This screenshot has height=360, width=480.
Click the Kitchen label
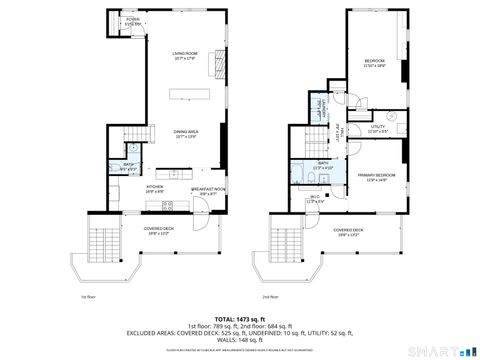pyautogui.click(x=156, y=188)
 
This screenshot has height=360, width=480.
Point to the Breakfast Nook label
pyautogui.click(x=207, y=191)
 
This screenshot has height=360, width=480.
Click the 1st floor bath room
pyautogui.click(x=130, y=168)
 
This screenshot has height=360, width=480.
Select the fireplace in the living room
pyautogui.click(x=215, y=64)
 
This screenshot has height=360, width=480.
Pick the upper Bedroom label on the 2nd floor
pyautogui.click(x=376, y=63)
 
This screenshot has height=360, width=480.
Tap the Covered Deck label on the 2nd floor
pyautogui.click(x=349, y=232)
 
